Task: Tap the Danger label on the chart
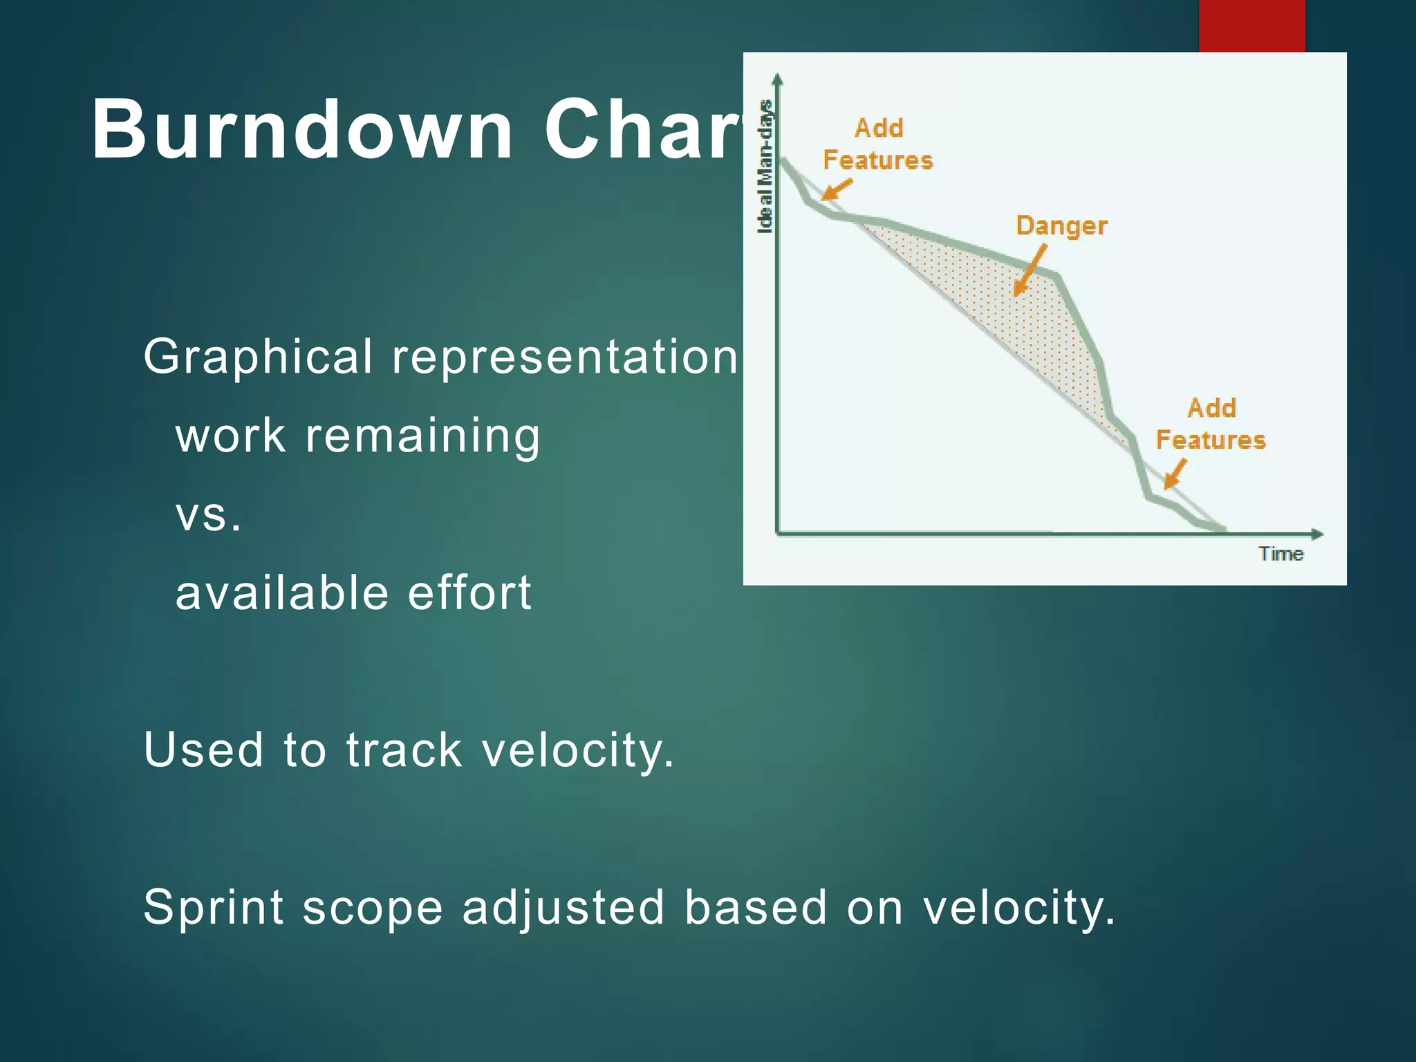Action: pyautogui.click(x=1061, y=226)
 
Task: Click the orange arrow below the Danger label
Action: pyautogui.click(x=1030, y=271)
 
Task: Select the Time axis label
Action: pyautogui.click(x=1280, y=554)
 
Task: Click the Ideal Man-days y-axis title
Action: pyautogui.click(x=765, y=167)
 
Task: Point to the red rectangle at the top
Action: pyautogui.click(x=1251, y=26)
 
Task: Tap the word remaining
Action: pyautogui.click(x=422, y=436)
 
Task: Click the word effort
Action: pyautogui.click(x=469, y=593)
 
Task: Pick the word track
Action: pyautogui.click(x=404, y=750)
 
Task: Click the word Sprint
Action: pyautogui.click(x=213, y=907)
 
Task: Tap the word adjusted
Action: pyautogui.click(x=563, y=907)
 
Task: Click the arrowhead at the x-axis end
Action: pyautogui.click(x=1317, y=534)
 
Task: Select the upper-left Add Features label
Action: pyautogui.click(x=878, y=144)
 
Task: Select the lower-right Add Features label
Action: pyautogui.click(x=1211, y=424)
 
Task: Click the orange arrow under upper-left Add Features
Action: pyautogui.click(x=837, y=189)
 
